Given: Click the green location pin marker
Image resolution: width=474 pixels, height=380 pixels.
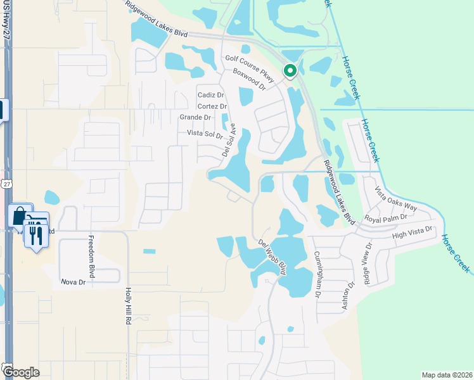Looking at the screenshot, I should pos(290,71).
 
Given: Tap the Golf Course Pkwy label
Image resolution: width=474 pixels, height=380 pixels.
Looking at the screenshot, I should pos(250,69).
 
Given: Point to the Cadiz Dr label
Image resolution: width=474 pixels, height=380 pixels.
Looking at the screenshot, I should pos(211,95).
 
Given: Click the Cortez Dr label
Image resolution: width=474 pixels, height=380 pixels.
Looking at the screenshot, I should pos(212,106).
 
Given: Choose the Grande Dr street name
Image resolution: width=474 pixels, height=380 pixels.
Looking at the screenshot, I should pos(195,117).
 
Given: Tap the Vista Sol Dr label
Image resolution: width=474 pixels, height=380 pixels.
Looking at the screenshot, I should pos(205,134).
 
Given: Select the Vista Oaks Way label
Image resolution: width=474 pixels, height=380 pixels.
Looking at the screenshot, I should pos(396,199).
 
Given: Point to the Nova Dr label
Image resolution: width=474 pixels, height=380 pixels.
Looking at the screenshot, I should pos(73,281).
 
